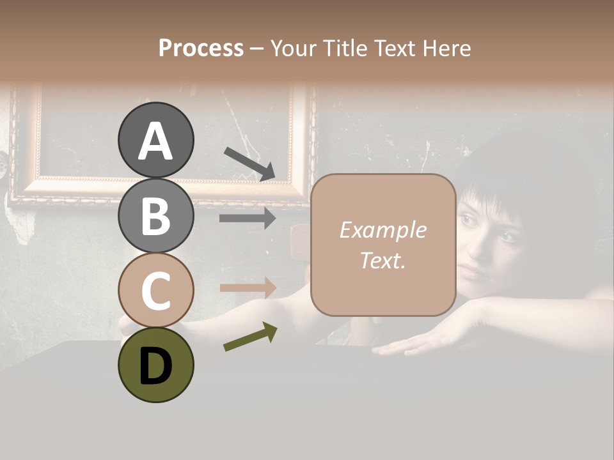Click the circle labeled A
tap(155, 140)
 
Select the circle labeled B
tap(155, 215)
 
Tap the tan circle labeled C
tap(155, 290)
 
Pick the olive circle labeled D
tap(155, 365)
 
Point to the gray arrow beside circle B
tap(248, 218)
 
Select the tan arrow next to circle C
tap(248, 288)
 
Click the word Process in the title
tap(201, 48)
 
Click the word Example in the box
tap(382, 230)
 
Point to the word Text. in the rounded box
tap(382, 261)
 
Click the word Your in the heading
tap(292, 48)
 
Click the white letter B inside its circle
tap(155, 216)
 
